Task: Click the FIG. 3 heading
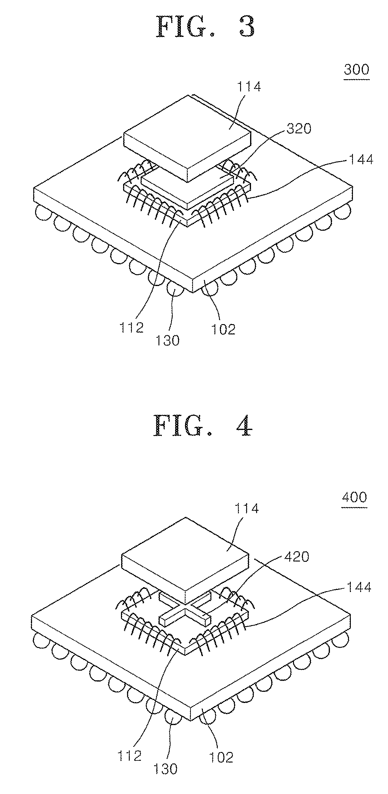point(206,27)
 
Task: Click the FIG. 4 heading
point(203,425)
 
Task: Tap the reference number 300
point(357,70)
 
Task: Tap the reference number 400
point(354,497)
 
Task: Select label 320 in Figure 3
point(298,129)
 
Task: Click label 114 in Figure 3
point(248,86)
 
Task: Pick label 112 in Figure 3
point(132,328)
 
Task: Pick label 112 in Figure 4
point(129,756)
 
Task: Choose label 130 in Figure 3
point(167,340)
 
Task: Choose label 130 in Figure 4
point(165,769)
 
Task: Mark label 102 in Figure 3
point(223,329)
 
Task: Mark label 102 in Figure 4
point(221,757)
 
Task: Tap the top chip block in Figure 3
point(187,138)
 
